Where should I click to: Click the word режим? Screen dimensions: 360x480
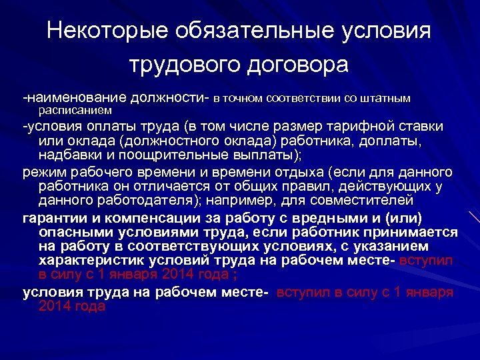43,172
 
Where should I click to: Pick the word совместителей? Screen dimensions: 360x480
367,199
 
